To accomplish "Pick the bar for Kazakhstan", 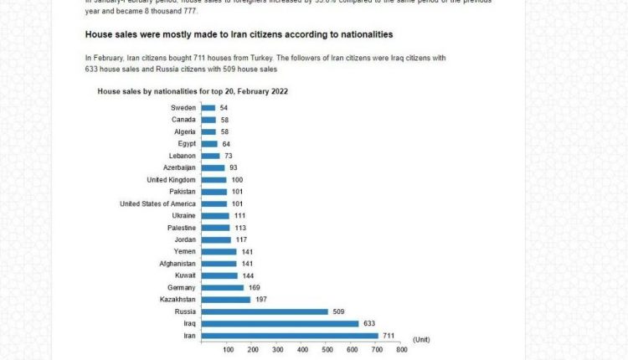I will (x=226, y=299).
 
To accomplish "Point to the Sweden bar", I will (x=208, y=108).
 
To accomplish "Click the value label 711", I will (x=389, y=335).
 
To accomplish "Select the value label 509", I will (x=338, y=311).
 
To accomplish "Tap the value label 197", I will (x=260, y=299).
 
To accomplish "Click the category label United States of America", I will (x=158, y=203).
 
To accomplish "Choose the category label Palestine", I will (x=182, y=228).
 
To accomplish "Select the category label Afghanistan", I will (x=178, y=264).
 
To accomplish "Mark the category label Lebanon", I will (x=183, y=156).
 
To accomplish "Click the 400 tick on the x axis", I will (x=302, y=350).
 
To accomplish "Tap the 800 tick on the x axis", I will (x=401, y=350).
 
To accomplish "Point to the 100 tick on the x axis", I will (x=229, y=350).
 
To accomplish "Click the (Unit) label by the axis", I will (x=421, y=339).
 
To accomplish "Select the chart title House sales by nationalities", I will (x=193, y=90).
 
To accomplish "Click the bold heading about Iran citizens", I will (x=239, y=34).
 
